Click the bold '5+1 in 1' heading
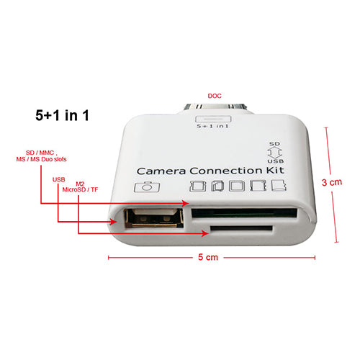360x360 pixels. [x=62, y=115]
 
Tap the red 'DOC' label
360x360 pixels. [x=215, y=96]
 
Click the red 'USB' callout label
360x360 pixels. [x=59, y=179]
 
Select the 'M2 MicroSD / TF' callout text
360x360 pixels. [x=80, y=187]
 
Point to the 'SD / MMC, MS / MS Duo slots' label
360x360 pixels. [x=41, y=156]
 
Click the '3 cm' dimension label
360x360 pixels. [x=332, y=182]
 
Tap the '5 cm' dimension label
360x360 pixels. [x=208, y=257]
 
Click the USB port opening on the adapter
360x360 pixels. [x=154, y=218]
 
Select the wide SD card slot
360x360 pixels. [x=244, y=213]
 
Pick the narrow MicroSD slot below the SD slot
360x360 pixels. [x=241, y=228]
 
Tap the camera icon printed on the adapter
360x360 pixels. [x=147, y=186]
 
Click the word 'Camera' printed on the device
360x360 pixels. [x=161, y=171]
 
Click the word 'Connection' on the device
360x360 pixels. [x=225, y=171]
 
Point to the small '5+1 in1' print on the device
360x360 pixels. [x=212, y=126]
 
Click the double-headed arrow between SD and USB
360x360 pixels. [x=274, y=153]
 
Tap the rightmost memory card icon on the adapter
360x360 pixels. [x=279, y=185]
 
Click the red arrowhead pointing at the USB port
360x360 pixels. [x=114, y=222]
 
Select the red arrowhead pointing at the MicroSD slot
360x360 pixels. [x=205, y=233]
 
